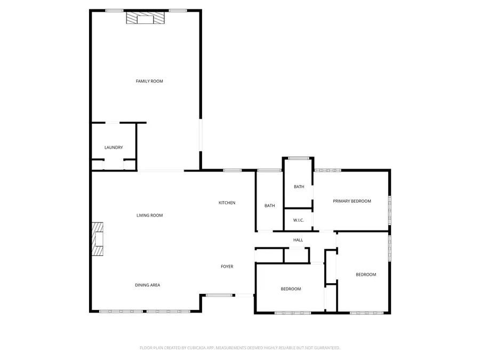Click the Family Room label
pos(149,81)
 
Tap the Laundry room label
pos(114,147)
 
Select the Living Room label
pos(149,215)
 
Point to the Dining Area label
pos(147,285)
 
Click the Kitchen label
pos(227,203)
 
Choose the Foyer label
pos(227,266)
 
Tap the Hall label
pos(298,240)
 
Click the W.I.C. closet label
pos(298,220)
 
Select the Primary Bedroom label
pos(352,201)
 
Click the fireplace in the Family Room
pos(146,19)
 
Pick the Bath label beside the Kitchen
pos(270,205)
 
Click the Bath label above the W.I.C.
pos(299,187)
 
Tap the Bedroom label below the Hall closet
pos(291,289)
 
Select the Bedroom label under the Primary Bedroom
pos(366,275)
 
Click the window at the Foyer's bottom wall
pos(219,295)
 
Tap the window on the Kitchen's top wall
pos(232,171)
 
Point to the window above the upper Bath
pos(299,158)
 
